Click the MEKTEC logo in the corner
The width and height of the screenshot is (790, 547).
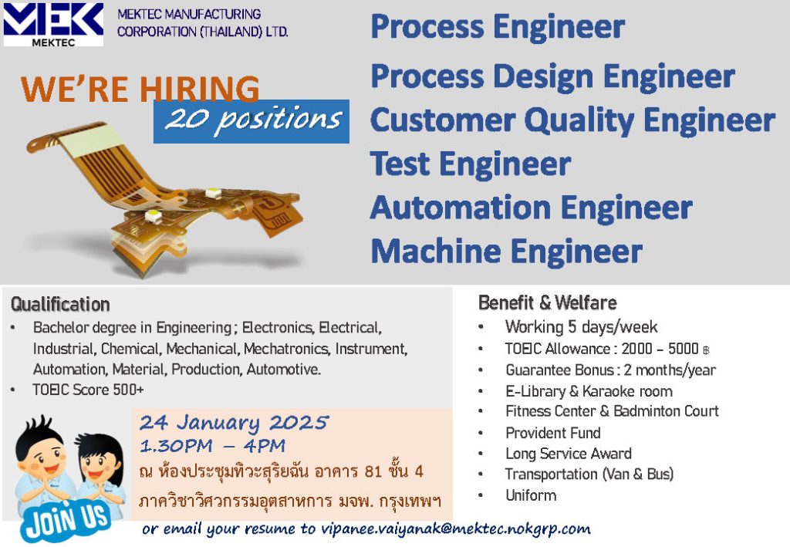coord(53,25)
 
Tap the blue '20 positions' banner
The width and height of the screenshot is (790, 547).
coord(252,121)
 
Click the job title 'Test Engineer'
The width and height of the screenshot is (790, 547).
coord(471,164)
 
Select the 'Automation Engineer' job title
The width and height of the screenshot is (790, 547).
coord(532,208)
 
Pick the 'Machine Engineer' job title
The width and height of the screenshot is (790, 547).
coord(506,251)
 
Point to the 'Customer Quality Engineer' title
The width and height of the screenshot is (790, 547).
coord(573,120)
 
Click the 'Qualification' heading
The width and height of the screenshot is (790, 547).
coord(60,304)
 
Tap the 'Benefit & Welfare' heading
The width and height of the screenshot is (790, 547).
coord(548,302)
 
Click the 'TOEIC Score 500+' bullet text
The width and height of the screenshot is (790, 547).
coord(88,390)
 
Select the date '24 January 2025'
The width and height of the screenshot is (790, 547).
coord(235,422)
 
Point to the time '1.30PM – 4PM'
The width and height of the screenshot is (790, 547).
coord(213,446)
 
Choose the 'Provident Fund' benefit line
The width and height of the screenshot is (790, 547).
coord(553,433)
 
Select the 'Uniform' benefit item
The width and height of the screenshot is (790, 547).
coord(531,495)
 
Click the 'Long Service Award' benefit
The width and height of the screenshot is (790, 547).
coord(569,454)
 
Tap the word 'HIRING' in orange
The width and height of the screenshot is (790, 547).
coord(200,89)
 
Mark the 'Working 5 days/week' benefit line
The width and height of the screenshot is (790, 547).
coord(582,327)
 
